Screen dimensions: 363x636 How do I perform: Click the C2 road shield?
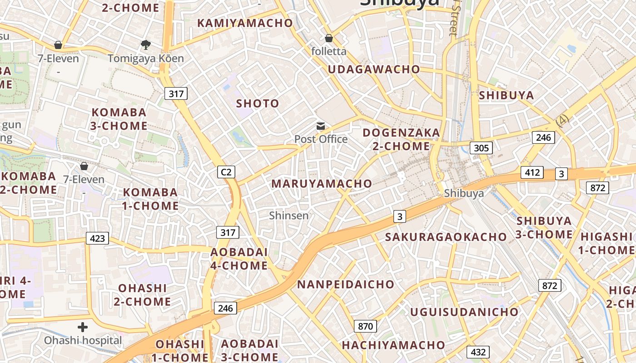[226, 172]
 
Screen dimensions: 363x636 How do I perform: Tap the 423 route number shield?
[97, 238]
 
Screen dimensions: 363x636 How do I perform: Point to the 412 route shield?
[532, 172]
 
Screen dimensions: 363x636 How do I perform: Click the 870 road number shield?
[365, 326]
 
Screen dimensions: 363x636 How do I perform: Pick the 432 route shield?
[478, 352]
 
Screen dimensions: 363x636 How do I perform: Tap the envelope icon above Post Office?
[321, 126]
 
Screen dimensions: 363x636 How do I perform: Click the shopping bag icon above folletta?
[328, 38]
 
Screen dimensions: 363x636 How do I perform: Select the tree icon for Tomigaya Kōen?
[145, 45]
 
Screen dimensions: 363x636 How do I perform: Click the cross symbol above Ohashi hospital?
[83, 327]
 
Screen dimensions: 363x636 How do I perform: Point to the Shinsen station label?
[288, 216]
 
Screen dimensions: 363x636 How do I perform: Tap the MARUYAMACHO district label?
[322, 184]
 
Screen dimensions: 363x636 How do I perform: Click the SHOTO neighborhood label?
[258, 103]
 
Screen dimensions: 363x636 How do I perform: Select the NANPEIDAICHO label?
[346, 285]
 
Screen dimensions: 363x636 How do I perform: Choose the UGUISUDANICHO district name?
[464, 312]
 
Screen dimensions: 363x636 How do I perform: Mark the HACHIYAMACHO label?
[393, 345]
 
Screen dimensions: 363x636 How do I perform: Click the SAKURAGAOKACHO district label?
[446, 237]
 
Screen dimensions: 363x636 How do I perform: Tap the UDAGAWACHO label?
[373, 69]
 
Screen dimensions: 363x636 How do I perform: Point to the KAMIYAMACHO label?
[245, 23]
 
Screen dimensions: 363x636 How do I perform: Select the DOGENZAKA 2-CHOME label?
[401, 139]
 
